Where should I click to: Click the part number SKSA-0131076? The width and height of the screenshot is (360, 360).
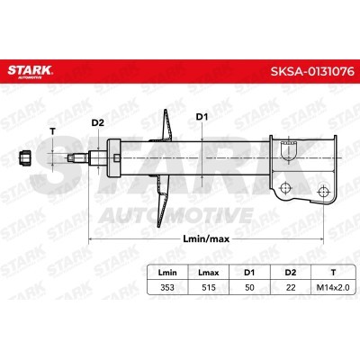[312, 71]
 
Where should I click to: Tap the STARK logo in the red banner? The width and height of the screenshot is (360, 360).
[30, 72]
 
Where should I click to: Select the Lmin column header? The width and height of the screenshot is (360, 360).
[167, 273]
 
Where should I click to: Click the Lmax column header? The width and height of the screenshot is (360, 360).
[209, 273]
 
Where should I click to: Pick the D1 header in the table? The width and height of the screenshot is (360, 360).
[249, 273]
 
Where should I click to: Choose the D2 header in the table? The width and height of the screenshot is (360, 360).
[291, 273]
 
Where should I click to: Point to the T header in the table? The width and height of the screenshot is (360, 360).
[333, 273]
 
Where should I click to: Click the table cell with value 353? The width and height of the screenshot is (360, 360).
[167, 287]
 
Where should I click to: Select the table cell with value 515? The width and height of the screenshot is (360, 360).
[209, 287]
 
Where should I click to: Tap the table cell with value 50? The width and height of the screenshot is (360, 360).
[249, 287]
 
